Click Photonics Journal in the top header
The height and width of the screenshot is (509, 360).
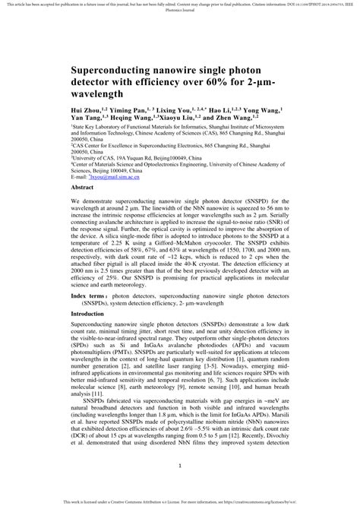(179, 12)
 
